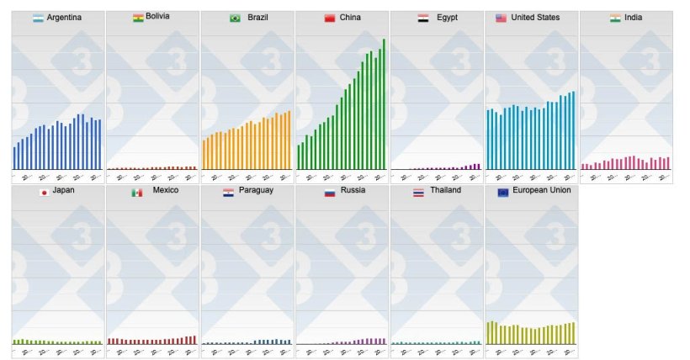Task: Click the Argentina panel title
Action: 64,18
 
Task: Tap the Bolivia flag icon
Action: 138,18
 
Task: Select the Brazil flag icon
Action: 235,18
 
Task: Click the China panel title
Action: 350,18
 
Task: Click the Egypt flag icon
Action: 423,18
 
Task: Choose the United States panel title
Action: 535,18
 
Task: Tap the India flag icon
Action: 615,18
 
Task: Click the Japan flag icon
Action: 44,192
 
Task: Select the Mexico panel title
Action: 165,192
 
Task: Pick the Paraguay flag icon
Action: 228,192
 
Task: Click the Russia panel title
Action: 353,192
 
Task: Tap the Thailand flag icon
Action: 418,192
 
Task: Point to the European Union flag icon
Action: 503,192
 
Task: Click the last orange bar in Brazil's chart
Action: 289,140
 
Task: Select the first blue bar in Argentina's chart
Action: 14,158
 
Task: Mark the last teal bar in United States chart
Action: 574,130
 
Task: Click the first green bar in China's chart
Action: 298,157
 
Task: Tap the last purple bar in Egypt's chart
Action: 479,167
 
